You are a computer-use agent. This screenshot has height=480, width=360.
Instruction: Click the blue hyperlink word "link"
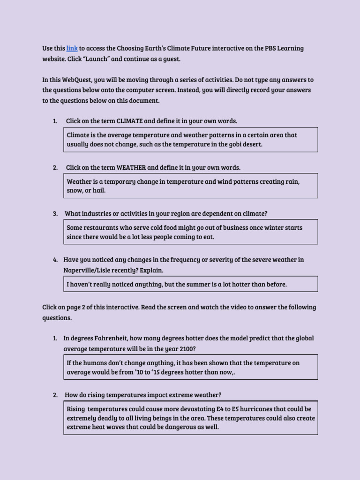[x=72, y=48]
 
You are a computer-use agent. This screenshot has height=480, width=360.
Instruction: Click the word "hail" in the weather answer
[x=99, y=190]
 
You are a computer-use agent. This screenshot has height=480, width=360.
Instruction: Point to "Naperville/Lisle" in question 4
[x=87, y=270]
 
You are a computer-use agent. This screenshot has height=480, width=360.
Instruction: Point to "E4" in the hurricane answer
[x=219, y=409]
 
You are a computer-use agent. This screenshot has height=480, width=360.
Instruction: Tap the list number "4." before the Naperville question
[x=55, y=260]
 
